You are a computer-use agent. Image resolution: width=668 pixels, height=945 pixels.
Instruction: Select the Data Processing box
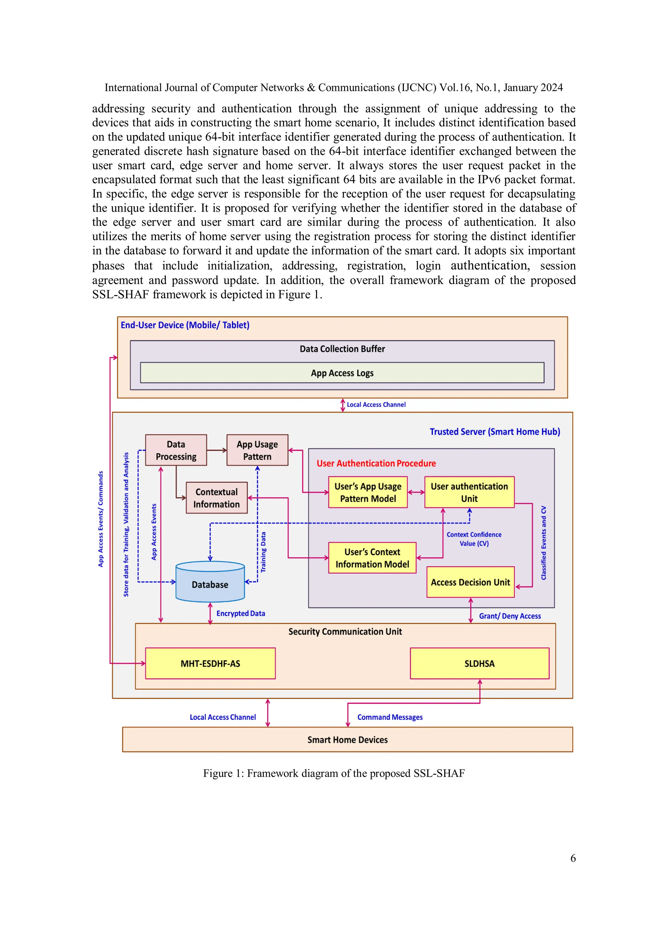(x=176, y=450)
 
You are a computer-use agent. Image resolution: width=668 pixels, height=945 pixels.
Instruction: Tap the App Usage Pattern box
(x=257, y=450)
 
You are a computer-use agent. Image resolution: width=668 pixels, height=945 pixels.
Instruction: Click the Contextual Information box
(x=217, y=498)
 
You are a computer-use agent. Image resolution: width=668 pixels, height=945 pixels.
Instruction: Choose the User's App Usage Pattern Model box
(x=368, y=492)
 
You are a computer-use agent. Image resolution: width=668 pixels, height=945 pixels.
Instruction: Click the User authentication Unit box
(x=469, y=492)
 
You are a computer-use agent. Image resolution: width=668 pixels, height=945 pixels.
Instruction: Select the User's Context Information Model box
(x=372, y=558)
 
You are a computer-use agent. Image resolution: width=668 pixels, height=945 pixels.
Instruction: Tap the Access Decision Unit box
(x=470, y=582)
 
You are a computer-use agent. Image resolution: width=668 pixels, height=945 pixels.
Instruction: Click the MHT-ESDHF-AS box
(x=210, y=663)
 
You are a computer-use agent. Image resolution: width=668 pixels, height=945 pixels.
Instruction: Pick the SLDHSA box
(x=479, y=663)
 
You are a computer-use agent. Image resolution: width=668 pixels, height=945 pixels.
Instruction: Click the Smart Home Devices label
(x=347, y=739)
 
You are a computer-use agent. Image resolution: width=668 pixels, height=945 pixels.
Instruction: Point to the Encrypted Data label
(x=241, y=613)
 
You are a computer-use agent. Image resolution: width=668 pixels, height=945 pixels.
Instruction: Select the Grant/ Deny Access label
(x=509, y=616)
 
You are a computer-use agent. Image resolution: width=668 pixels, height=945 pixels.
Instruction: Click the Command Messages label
(x=390, y=717)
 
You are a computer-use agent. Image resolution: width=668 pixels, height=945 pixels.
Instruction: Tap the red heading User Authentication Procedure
(x=376, y=464)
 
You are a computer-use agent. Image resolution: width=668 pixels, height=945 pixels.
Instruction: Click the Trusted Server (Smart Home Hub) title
(x=495, y=432)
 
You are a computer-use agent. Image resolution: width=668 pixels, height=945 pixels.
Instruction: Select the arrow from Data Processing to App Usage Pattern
(x=217, y=450)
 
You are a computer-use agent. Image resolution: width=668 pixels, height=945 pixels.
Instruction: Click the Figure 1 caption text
(x=334, y=773)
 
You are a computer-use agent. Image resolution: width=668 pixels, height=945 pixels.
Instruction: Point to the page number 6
(x=572, y=858)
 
